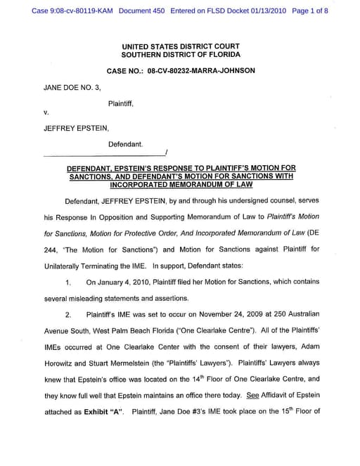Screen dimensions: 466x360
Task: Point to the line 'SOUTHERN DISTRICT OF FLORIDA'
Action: [180, 54]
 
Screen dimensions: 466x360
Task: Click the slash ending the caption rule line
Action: [165, 153]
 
